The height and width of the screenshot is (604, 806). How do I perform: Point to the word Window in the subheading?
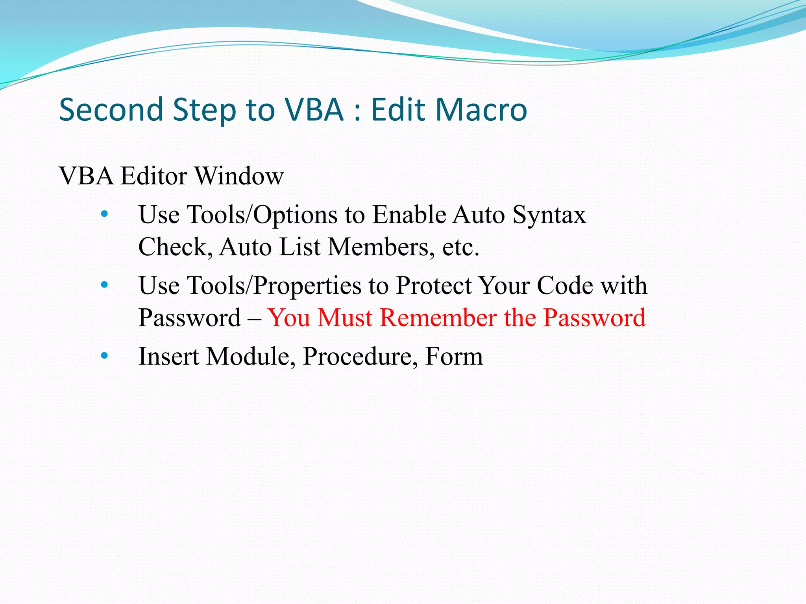(239, 176)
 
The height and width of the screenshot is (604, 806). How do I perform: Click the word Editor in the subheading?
(153, 176)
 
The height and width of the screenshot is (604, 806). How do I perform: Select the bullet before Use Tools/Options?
(104, 214)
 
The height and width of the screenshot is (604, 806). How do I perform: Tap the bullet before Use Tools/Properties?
(104, 285)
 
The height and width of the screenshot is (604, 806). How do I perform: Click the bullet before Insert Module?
(104, 356)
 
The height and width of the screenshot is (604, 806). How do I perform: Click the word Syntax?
(549, 215)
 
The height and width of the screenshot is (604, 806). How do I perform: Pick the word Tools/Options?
(262, 215)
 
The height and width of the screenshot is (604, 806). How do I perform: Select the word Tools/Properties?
(274, 286)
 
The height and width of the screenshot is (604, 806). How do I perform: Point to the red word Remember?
(438, 317)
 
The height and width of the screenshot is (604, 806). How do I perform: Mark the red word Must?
(345, 317)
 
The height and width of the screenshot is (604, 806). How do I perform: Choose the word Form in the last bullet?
(454, 356)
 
